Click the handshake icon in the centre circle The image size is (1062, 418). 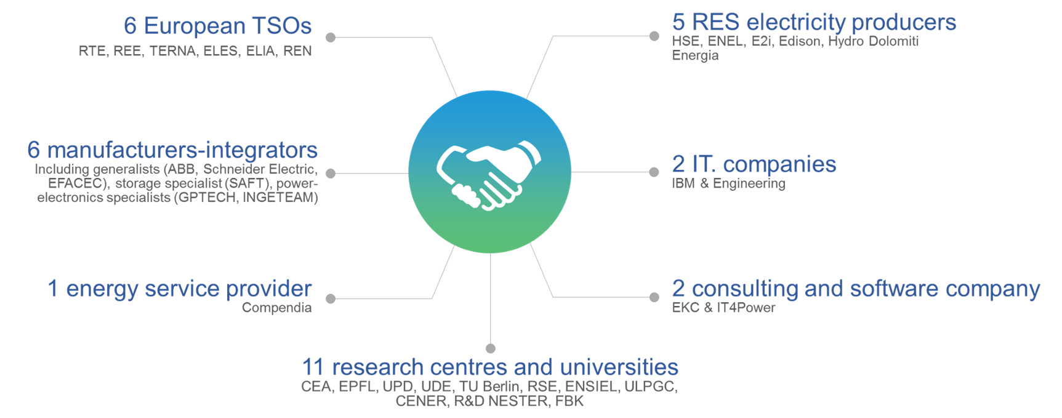pos(489,175)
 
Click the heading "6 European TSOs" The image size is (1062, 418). pos(217,26)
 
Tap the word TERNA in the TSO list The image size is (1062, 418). pos(173,51)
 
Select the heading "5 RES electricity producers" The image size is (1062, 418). pos(814,22)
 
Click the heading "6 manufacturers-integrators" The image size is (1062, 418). pos(172,150)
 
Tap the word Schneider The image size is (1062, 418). pos(233,169)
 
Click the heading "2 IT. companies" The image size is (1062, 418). pos(754,164)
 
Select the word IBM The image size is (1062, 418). pos(683,183)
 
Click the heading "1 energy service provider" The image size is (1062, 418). pos(180,288)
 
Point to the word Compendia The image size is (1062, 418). pos(277,308)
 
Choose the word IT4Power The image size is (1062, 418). pos(746,308)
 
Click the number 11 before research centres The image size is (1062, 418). pos(313,368)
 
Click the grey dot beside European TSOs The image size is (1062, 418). pos(331,38)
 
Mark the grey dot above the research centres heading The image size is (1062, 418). pos(491,348)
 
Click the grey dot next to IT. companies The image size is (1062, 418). pos(654,172)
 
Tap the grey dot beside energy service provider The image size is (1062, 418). pos(331,299)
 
